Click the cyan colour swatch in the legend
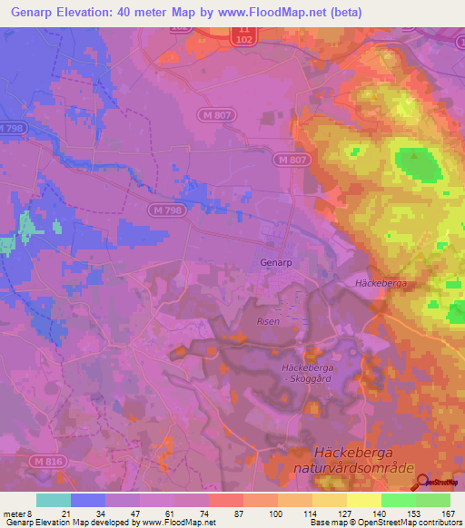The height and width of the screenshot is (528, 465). point(53,500)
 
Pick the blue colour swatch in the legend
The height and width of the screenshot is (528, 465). point(87,500)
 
